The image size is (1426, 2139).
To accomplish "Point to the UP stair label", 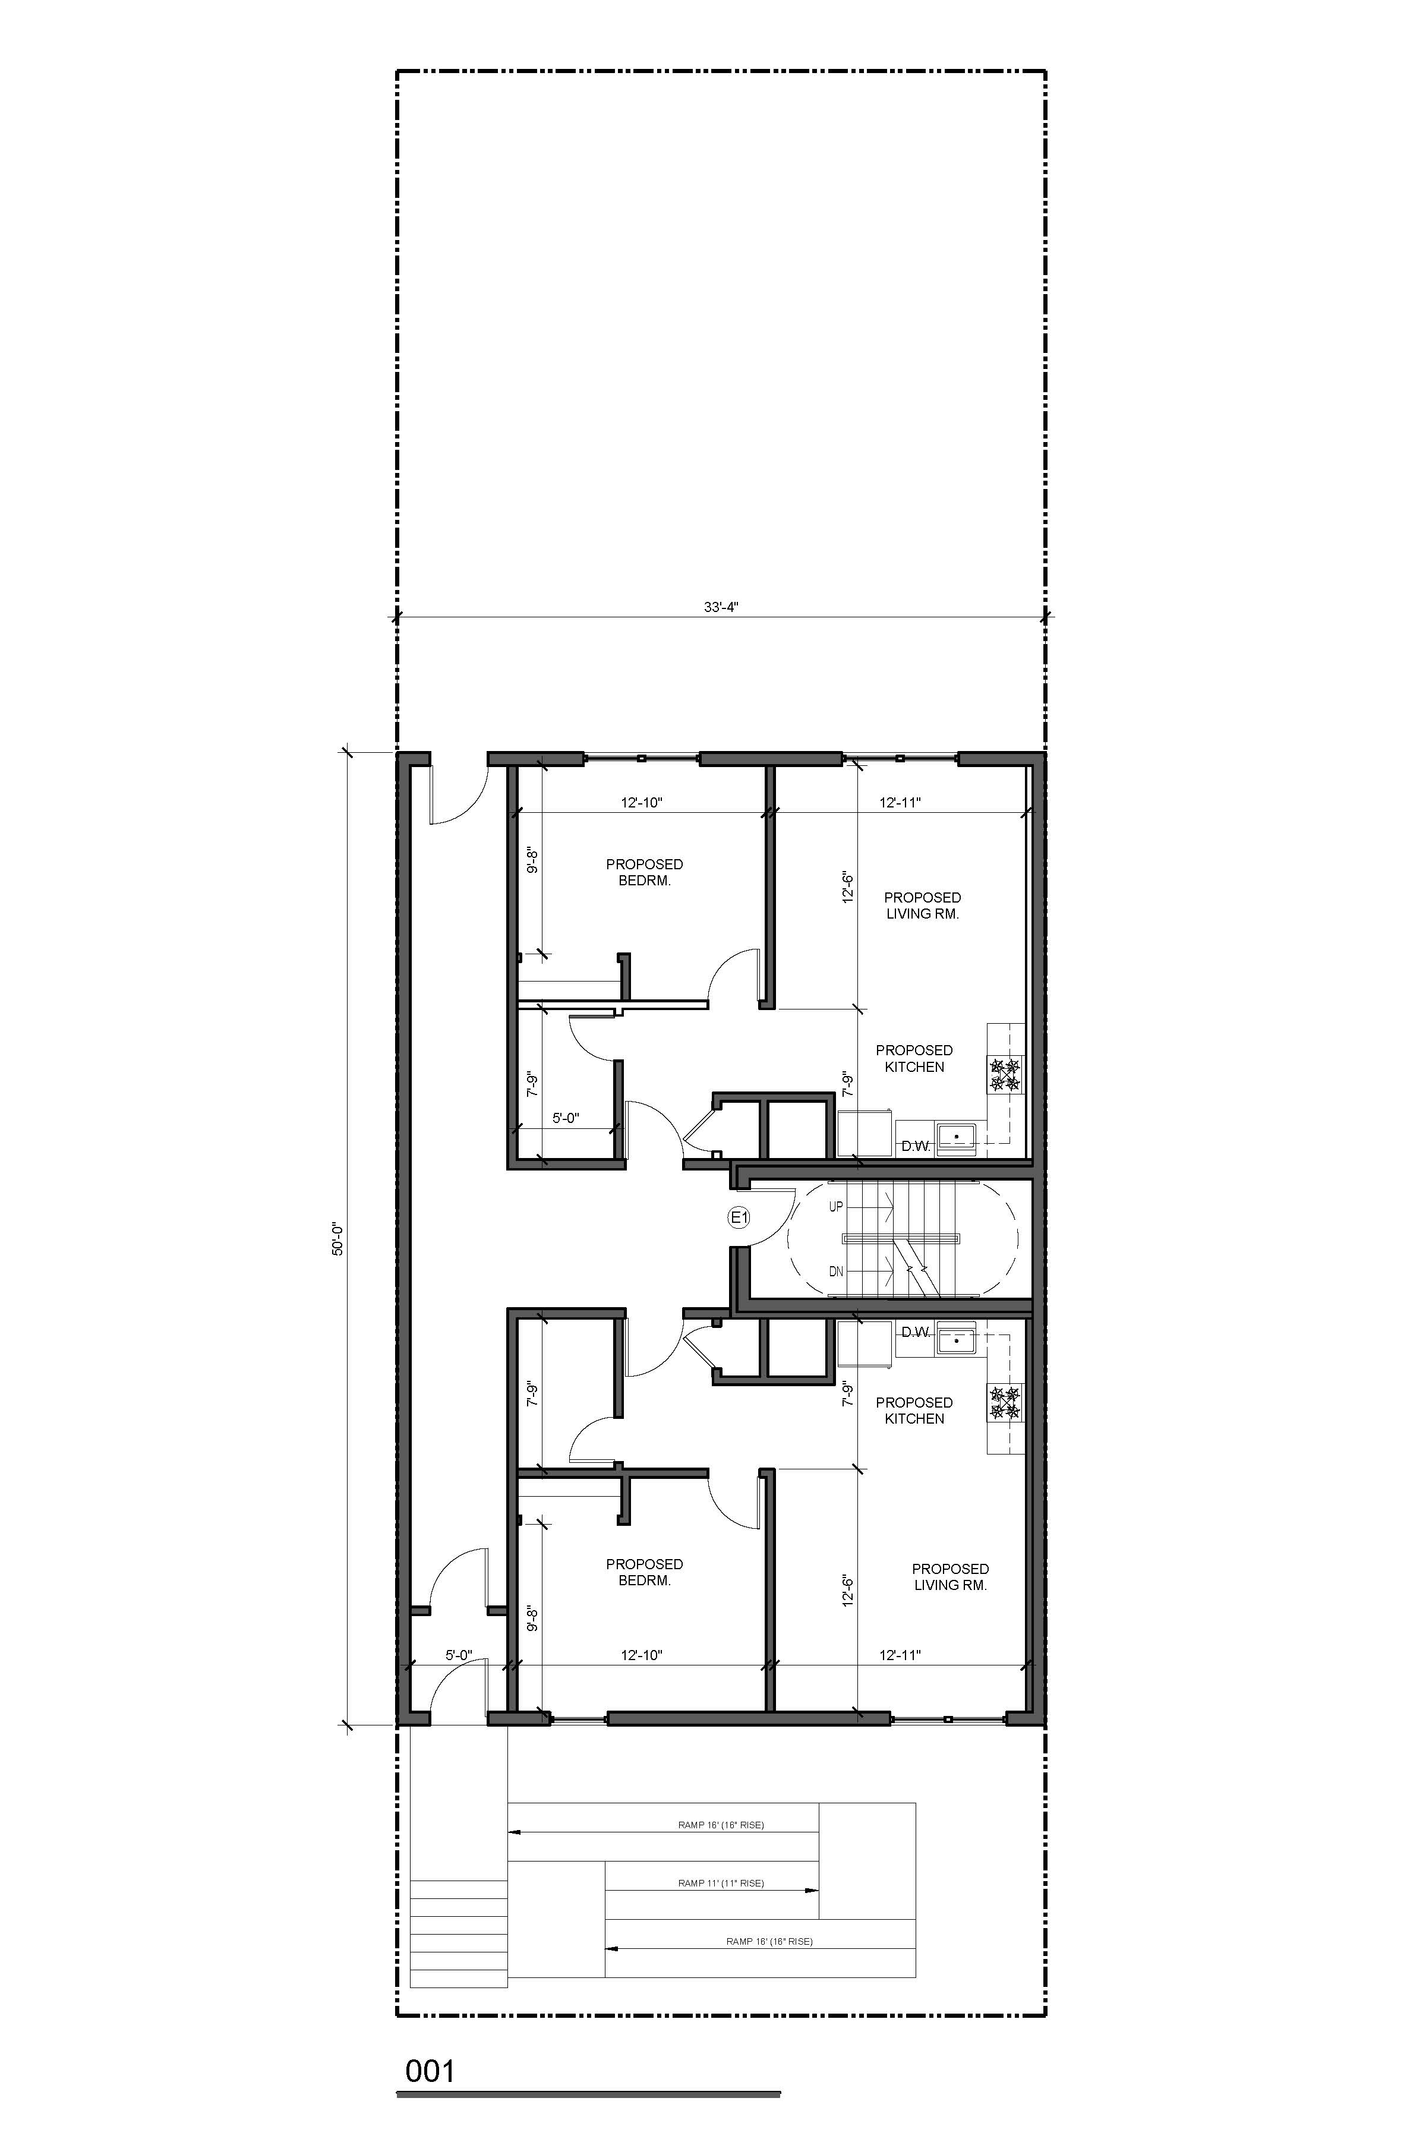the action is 836,1207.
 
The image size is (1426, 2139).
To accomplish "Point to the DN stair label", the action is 836,1272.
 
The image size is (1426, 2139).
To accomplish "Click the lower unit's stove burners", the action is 1006,1403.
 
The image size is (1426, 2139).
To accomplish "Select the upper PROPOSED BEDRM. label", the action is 645,872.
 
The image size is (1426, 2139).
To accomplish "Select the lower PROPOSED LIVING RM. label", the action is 950,1577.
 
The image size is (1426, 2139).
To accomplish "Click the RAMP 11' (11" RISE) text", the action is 721,1884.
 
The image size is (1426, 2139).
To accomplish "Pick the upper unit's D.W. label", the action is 916,1147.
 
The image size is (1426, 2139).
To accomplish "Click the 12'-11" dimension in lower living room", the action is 900,1655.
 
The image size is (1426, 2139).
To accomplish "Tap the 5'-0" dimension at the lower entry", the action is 459,1655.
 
